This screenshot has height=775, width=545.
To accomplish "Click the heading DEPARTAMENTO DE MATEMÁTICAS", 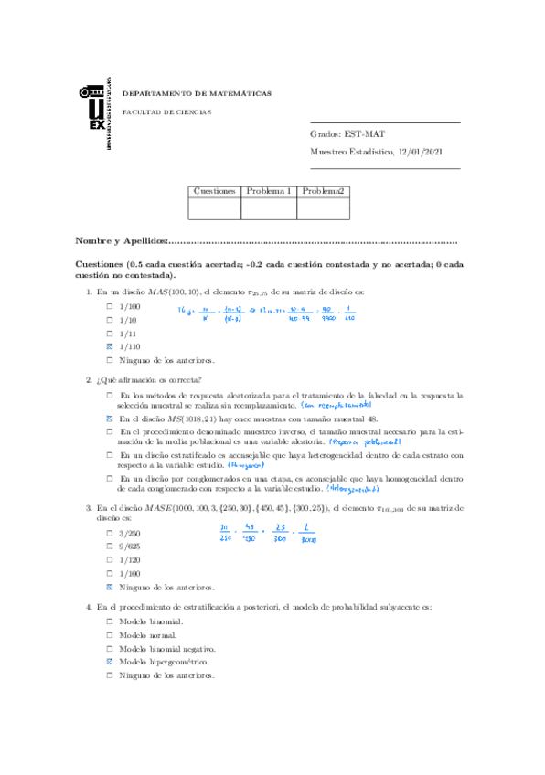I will [x=197, y=93].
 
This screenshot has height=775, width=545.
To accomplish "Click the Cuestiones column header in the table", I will [x=215, y=190].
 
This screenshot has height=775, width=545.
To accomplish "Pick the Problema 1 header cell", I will [x=269, y=190].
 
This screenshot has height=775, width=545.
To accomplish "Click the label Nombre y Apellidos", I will [x=122, y=241].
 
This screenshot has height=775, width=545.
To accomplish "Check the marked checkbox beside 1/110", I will [x=109, y=347].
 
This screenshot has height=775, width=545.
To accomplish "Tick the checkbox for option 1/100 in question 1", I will [x=109, y=306].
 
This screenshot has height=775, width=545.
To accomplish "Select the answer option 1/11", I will [x=128, y=334].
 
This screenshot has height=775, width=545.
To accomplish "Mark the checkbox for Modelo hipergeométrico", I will [x=109, y=661].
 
